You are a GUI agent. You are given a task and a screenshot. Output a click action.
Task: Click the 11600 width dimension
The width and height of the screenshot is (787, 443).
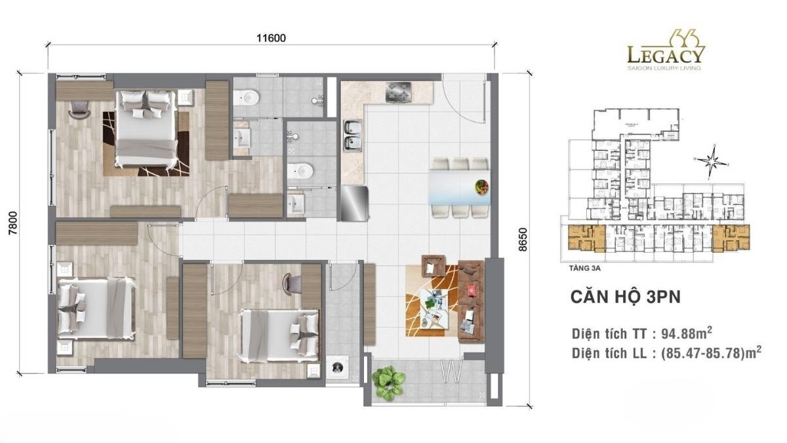[x=271, y=37]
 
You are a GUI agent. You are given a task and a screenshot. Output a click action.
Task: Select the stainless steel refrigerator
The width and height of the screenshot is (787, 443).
[x=353, y=203]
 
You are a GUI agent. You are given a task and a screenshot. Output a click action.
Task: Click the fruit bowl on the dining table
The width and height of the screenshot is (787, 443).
[x=481, y=186]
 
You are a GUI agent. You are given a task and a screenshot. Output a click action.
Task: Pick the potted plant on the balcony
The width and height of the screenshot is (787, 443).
[x=388, y=382]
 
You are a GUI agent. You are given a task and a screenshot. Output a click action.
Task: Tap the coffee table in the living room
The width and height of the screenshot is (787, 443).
[x=432, y=305]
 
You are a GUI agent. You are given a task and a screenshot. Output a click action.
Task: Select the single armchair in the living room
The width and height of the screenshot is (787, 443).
[x=433, y=266]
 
